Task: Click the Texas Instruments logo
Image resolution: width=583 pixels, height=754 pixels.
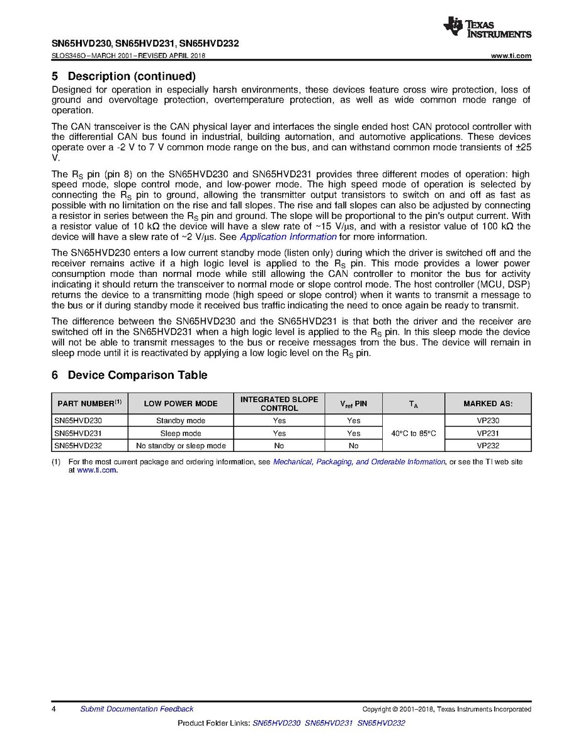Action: click(x=487, y=28)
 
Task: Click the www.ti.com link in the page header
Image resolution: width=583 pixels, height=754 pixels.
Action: click(x=511, y=56)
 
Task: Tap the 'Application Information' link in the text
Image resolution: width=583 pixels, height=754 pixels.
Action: click(x=288, y=237)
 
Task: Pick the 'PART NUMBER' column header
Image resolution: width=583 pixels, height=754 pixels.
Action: click(x=89, y=403)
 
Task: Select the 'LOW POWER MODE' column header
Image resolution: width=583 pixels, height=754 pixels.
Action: click(x=181, y=403)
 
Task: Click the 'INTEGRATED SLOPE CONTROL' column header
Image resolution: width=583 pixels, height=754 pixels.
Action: click(x=279, y=403)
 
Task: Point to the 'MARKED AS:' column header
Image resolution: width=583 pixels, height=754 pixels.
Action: click(x=488, y=403)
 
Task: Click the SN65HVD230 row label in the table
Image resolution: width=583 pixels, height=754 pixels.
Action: click(x=78, y=420)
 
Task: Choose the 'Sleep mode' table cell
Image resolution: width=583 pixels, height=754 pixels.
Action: click(x=181, y=433)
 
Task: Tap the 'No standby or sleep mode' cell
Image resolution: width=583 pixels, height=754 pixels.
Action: click(x=181, y=446)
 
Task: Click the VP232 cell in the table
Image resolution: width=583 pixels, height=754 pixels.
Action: click(x=488, y=446)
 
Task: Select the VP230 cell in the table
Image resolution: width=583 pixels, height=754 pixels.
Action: click(x=488, y=420)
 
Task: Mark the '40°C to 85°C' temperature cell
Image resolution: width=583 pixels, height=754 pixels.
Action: click(x=413, y=433)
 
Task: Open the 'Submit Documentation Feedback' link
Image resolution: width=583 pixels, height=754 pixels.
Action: click(x=137, y=709)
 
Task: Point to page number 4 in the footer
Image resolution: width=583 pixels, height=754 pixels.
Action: click(x=54, y=709)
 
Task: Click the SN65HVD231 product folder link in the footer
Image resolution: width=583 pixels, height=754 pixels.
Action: click(x=329, y=724)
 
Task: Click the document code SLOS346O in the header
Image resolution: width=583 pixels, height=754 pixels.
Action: click(x=72, y=56)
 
